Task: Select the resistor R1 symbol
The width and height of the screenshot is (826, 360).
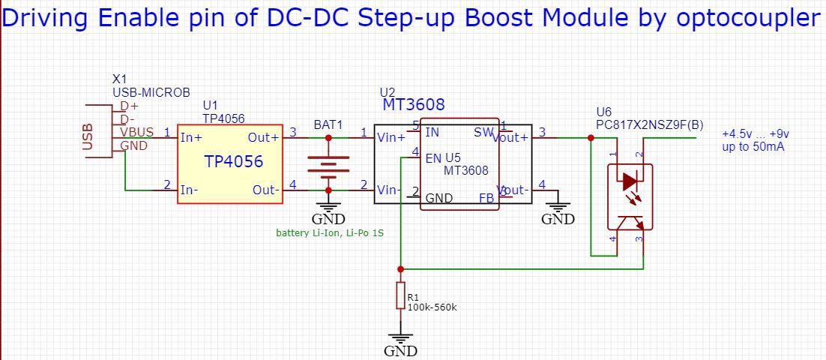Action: point(400,296)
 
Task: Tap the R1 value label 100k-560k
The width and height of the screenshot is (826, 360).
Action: point(432,307)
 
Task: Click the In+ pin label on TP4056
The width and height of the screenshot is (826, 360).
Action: point(190,137)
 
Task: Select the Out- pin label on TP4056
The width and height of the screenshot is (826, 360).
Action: point(265,190)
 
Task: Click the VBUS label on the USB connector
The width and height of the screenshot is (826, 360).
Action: point(136,132)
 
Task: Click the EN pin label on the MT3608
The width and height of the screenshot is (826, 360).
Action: point(433,158)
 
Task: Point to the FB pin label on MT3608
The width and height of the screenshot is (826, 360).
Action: point(486,198)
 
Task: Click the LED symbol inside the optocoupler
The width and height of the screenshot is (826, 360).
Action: point(629,181)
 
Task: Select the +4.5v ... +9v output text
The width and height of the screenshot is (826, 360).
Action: point(755,133)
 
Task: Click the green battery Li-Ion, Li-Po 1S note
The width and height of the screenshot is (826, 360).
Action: point(330,233)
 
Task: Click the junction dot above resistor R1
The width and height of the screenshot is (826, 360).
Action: point(400,268)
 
